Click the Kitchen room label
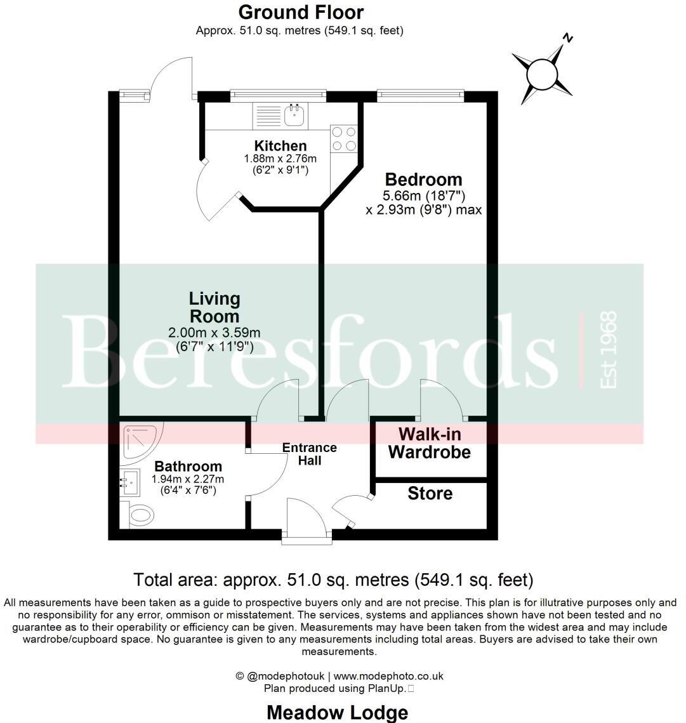tap(280, 146)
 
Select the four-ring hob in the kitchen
tap(343, 139)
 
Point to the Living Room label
tap(214, 307)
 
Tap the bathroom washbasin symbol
tap(131, 483)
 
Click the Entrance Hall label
tap(309, 454)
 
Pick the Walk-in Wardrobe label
tap(430, 443)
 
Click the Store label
tap(430, 493)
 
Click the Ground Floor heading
tap(301, 12)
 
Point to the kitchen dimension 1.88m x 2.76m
tap(280, 159)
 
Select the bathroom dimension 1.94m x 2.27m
tap(187, 479)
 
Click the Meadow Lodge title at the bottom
tap(337, 712)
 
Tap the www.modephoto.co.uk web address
tap(388, 676)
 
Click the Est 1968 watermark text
tap(608, 350)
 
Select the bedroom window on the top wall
tap(421, 96)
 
